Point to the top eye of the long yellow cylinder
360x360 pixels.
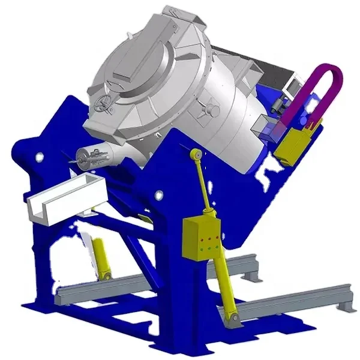click(x=195, y=155)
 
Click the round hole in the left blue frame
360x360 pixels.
click(x=40, y=157)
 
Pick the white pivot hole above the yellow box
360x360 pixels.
click(x=159, y=195)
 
